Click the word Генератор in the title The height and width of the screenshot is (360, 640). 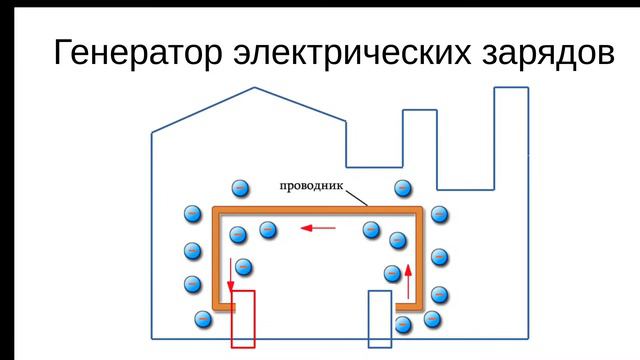pyautogui.click(x=131, y=55)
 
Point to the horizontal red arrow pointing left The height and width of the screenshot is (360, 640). pyautogui.click(x=319, y=228)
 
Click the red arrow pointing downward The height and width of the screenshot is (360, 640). pyautogui.click(x=231, y=275)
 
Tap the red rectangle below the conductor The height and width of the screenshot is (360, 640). pyautogui.click(x=243, y=319)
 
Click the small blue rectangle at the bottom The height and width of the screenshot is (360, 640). pyautogui.click(x=380, y=318)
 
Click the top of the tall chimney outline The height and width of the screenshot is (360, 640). pyautogui.click(x=511, y=88)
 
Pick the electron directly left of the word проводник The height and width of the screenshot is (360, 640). pyautogui.click(x=240, y=188)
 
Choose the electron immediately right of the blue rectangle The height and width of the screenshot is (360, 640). pyautogui.click(x=403, y=325)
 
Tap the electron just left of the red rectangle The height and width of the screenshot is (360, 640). pyautogui.click(x=201, y=319)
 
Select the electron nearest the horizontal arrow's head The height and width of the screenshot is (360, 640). pyautogui.click(x=268, y=229)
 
